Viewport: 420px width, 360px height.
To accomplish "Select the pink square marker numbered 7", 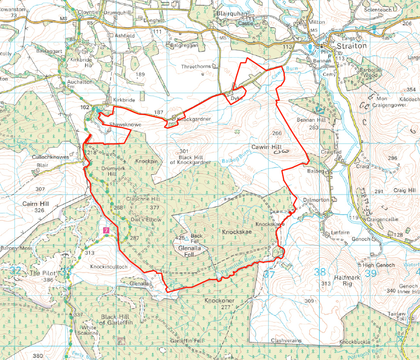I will click(x=106, y=230).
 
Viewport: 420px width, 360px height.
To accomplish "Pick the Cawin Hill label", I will click(x=266, y=147).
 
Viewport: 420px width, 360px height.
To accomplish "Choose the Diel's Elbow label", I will click(x=146, y=219).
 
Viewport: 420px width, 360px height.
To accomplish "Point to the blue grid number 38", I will click(x=320, y=272).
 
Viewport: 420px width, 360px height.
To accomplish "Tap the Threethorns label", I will click(x=196, y=67).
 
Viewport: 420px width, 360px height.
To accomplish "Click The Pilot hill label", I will click(x=42, y=273).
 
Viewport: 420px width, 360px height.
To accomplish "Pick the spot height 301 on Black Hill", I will click(x=183, y=151).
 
